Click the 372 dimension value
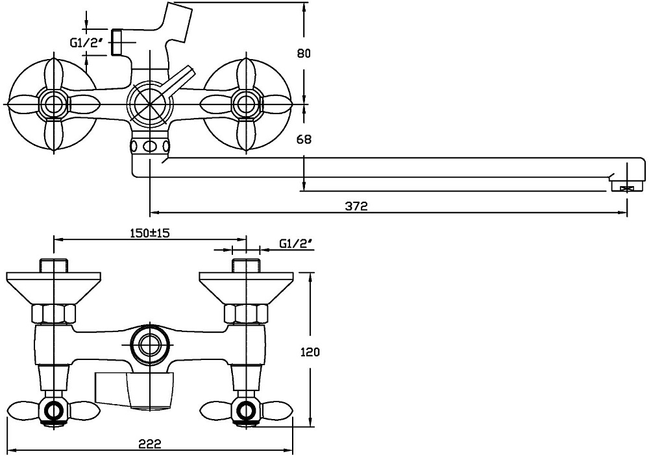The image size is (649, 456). [x=356, y=206]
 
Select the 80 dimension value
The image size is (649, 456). [x=304, y=53]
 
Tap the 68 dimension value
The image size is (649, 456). [x=304, y=139]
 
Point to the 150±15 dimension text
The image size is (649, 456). [x=150, y=233]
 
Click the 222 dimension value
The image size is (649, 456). [x=150, y=444]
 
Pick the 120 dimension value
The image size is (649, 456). [x=310, y=352]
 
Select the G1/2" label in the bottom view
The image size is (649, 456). [x=295, y=244]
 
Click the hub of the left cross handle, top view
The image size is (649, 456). [x=53, y=103]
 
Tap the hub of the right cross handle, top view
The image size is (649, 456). [x=246, y=103]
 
